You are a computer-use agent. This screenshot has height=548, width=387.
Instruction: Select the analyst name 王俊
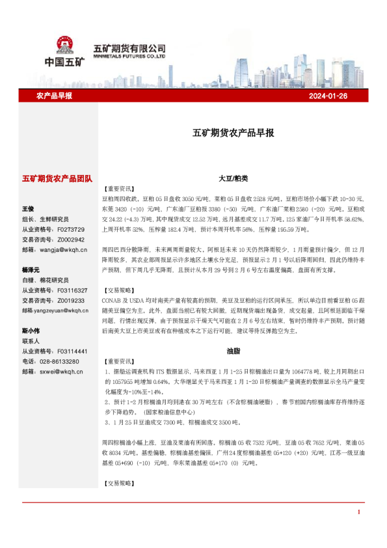click(x=27, y=209)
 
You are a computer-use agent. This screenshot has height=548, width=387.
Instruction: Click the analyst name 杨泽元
click(x=31, y=269)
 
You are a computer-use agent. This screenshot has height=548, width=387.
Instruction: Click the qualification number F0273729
click(x=72, y=230)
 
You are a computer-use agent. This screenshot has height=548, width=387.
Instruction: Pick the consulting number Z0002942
click(x=72, y=240)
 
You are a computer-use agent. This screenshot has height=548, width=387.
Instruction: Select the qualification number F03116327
click(x=73, y=290)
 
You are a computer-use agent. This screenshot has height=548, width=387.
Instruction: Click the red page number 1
click(x=358, y=512)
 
